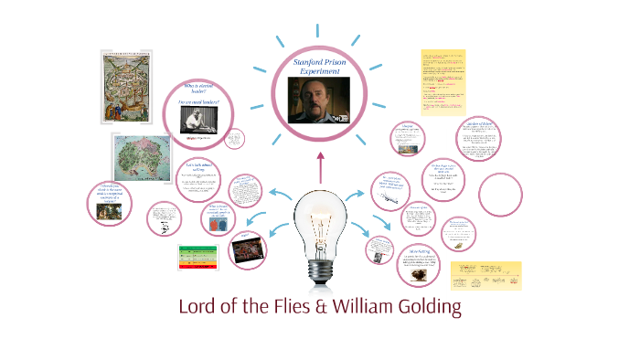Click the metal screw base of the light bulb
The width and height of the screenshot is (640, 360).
[319, 267]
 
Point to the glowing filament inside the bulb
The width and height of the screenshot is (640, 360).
[319, 215]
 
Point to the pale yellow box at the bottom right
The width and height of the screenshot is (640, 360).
[485, 273]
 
